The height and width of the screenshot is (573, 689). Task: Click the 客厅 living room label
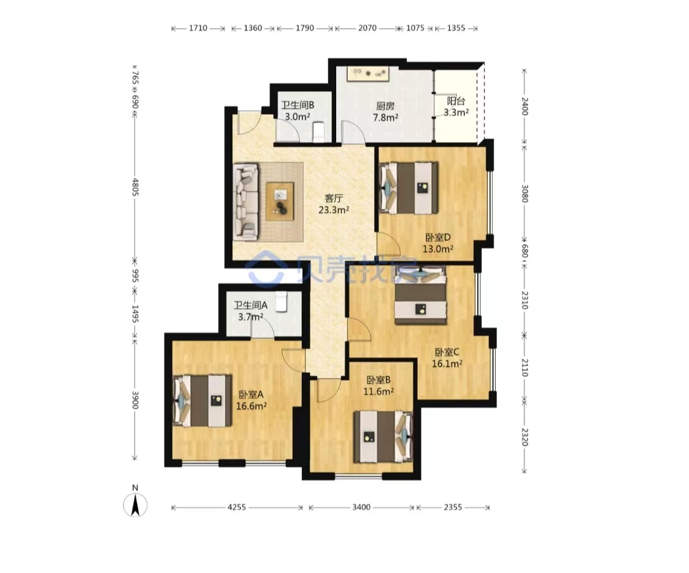pyautogui.click(x=334, y=198)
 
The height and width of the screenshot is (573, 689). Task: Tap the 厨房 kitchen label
pyautogui.click(x=385, y=106)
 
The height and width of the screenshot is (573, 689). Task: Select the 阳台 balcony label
pyautogui.click(x=456, y=101)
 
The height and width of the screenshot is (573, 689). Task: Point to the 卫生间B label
pyautogui.click(x=297, y=105)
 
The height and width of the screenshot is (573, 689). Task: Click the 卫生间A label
pyautogui.click(x=251, y=305)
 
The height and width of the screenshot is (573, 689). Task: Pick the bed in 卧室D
pyautogui.click(x=409, y=188)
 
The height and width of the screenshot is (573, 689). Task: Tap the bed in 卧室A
pyautogui.click(x=202, y=400)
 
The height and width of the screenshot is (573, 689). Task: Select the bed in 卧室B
pyautogui.click(x=383, y=437)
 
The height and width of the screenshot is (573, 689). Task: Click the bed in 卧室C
pyautogui.click(x=420, y=294)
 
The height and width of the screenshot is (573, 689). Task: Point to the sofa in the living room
pyautogui.click(x=245, y=202)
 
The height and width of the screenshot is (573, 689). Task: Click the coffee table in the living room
pyautogui.click(x=279, y=201)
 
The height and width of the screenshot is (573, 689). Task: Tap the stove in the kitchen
pyautogui.click(x=368, y=73)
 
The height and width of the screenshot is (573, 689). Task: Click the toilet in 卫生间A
pyautogui.click(x=281, y=301)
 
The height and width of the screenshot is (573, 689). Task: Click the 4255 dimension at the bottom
pyautogui.click(x=237, y=507)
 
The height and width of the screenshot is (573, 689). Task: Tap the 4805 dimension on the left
pyautogui.click(x=135, y=187)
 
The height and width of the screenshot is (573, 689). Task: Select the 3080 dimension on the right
pyautogui.click(x=524, y=193)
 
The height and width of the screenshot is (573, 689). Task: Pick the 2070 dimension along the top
pyautogui.click(x=367, y=28)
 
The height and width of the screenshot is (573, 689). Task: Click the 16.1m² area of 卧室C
pyautogui.click(x=447, y=363)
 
